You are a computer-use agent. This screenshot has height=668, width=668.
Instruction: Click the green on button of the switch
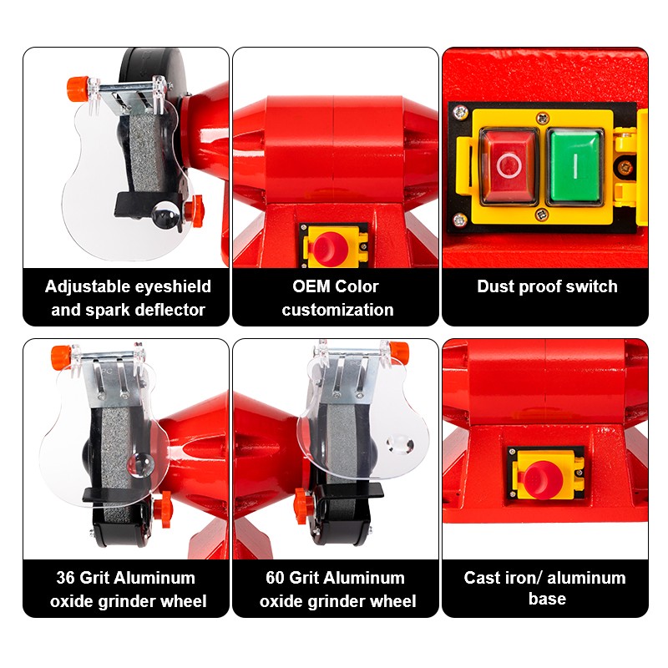574,165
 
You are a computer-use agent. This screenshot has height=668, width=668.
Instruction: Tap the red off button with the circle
509,165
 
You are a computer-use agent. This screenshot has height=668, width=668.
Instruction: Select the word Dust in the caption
496,286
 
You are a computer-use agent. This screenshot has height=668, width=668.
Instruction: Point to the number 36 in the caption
66,578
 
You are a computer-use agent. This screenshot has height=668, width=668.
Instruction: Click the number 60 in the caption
275,578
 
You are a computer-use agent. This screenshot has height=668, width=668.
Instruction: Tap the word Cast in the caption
482,578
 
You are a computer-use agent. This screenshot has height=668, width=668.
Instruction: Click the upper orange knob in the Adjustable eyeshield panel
78,89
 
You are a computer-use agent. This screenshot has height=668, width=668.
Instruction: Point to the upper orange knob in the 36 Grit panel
61,358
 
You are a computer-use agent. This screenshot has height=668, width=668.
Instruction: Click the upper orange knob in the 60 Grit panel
400,352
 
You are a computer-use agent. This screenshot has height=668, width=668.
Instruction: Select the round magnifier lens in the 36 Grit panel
141,465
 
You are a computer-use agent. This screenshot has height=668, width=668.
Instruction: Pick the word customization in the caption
337,310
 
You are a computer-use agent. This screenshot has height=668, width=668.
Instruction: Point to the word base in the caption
547,599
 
